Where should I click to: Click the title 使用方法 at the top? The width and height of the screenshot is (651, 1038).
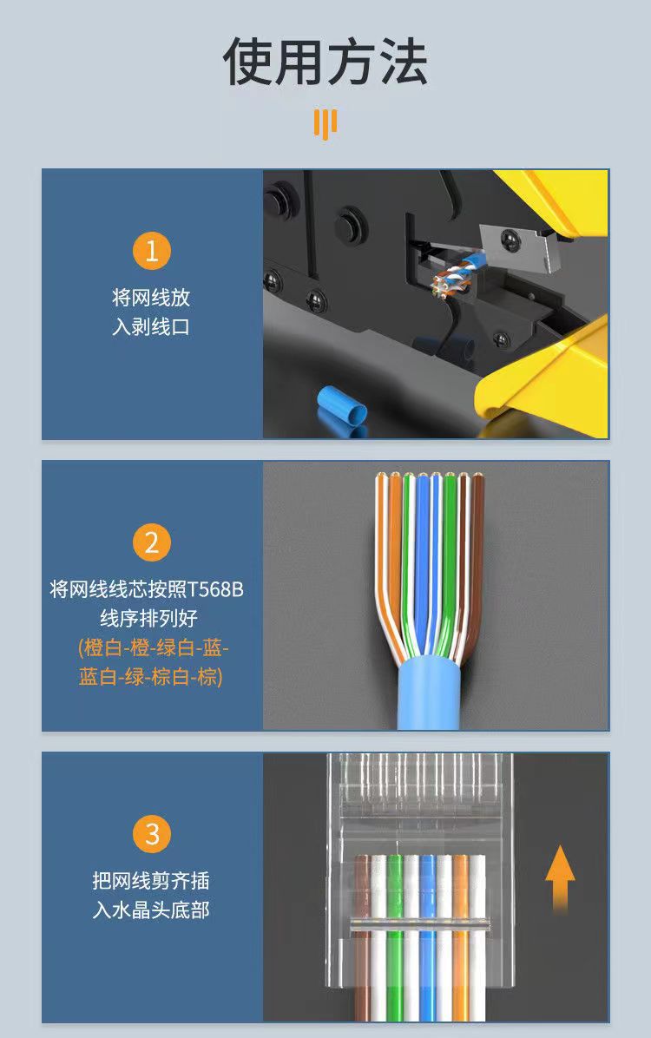(x=325, y=62)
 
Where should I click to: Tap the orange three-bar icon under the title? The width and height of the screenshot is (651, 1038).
(x=325, y=124)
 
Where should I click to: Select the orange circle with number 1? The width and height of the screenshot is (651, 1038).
(x=152, y=252)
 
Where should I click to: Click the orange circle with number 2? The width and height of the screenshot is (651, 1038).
(x=152, y=542)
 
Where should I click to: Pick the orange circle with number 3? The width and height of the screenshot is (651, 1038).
(x=152, y=834)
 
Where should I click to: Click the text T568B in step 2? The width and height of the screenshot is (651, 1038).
(x=216, y=590)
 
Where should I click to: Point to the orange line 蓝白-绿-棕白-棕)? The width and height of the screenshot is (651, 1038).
(x=151, y=677)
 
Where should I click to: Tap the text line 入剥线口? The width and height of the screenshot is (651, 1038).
(x=151, y=327)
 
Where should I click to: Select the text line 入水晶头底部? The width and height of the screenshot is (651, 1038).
(x=151, y=910)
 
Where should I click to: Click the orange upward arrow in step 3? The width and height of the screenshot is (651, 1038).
(x=560, y=877)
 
